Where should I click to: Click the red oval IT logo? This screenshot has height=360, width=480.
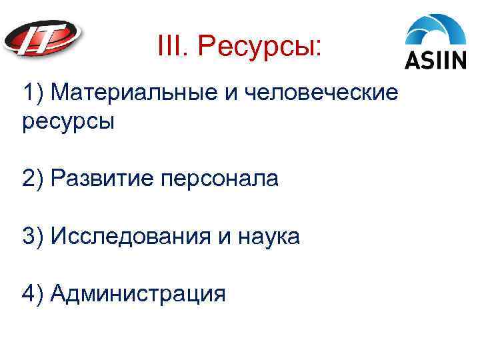pyautogui.click(x=43, y=40)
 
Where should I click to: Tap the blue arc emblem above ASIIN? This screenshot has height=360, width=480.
pyautogui.click(x=437, y=31)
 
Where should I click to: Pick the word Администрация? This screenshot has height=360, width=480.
pyautogui.click(x=138, y=293)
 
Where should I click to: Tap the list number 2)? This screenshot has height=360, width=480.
pyautogui.click(x=32, y=179)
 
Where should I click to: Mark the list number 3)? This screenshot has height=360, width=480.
pyautogui.click(x=32, y=236)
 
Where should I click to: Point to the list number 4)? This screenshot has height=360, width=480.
pyautogui.click(x=32, y=293)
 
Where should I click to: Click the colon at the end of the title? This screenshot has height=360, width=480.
pyautogui.click(x=317, y=47)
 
